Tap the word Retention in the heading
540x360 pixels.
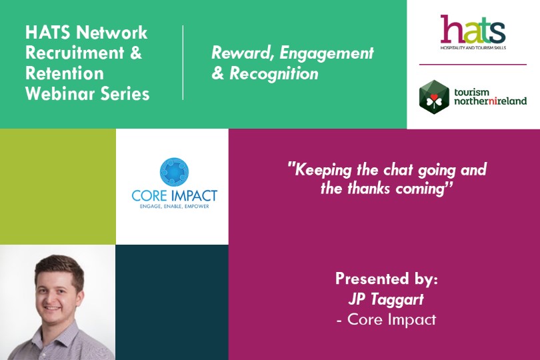pos(65,73)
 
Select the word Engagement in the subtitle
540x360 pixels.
pos(327,53)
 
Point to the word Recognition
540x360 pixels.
pos(274,74)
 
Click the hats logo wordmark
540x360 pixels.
pos(473,29)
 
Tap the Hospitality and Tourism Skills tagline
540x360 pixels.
pos(473,47)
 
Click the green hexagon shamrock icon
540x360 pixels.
pos(434,97)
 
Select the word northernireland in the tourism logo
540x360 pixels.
pos(491,101)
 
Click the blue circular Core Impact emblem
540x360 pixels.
pos(174,172)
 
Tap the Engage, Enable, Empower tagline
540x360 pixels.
pos(174,207)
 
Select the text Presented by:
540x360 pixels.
pos(387,279)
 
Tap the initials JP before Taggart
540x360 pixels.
pos(357,299)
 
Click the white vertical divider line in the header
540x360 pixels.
pos(183,63)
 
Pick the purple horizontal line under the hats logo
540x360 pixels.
pos(473,64)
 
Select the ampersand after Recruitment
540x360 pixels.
pos(136,53)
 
